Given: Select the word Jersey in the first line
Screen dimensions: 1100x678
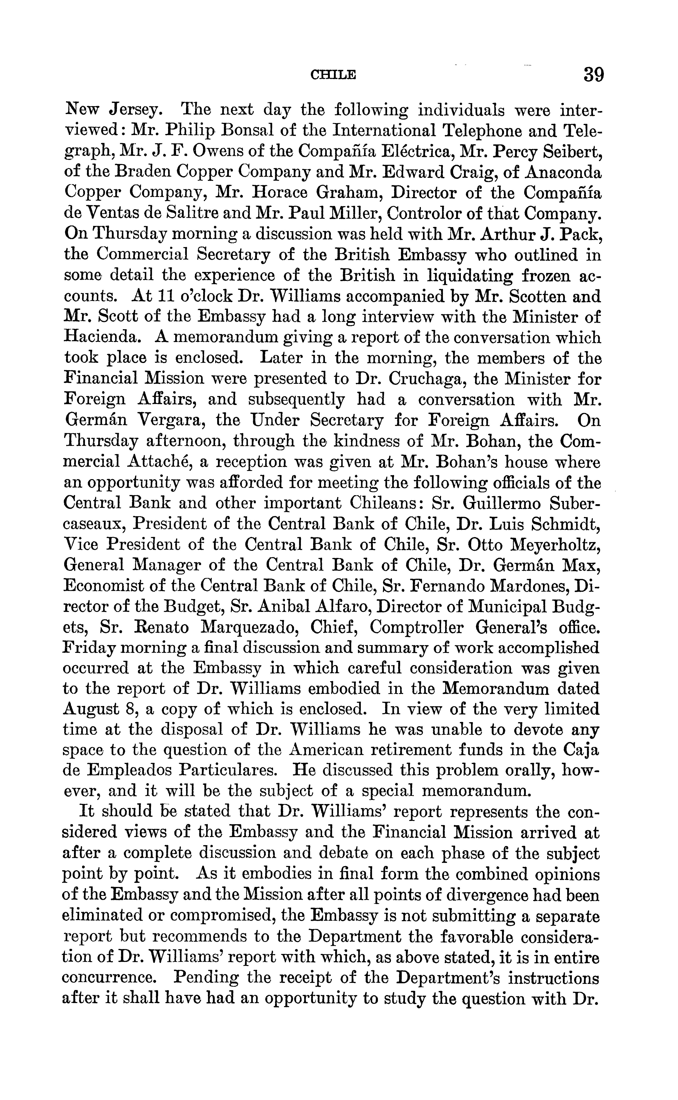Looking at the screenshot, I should [134, 110].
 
